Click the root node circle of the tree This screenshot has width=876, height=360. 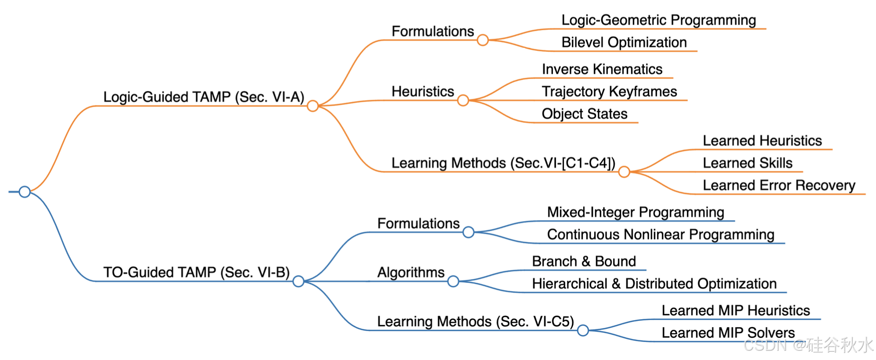[25, 192]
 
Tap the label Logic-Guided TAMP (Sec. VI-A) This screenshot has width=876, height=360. [204, 97]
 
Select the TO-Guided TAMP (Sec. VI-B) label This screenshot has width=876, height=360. [196, 273]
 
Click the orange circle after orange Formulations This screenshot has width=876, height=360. [482, 40]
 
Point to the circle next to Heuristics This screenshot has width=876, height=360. [463, 101]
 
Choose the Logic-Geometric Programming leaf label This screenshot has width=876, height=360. [658, 20]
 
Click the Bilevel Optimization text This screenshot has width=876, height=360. [624, 43]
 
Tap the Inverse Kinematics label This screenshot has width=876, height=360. [602, 69]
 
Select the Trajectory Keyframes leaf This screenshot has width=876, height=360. [609, 92]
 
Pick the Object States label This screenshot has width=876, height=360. [584, 114]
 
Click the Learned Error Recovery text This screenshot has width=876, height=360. [779, 185]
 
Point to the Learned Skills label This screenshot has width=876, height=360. [747, 163]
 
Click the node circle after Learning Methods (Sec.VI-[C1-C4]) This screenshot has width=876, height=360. [624, 172]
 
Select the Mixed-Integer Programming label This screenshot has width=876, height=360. [635, 212]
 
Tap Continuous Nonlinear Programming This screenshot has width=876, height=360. [660, 235]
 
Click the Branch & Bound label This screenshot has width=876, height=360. [584, 262]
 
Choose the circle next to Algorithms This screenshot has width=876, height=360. [453, 281]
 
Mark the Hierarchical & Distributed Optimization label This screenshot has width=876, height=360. [654, 284]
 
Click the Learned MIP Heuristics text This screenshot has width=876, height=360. [735, 311]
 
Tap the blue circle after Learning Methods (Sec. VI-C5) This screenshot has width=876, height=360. [582, 331]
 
